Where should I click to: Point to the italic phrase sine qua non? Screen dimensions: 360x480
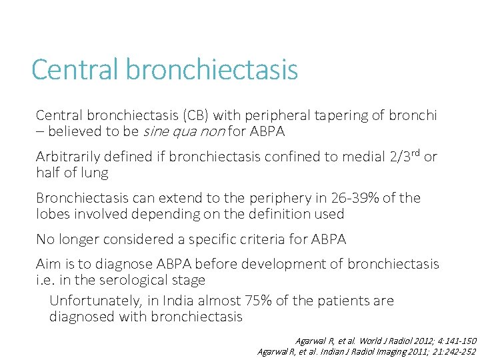point(183,131)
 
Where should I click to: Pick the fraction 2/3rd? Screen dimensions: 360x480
point(401,157)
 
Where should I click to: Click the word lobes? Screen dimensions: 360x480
point(55,214)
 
